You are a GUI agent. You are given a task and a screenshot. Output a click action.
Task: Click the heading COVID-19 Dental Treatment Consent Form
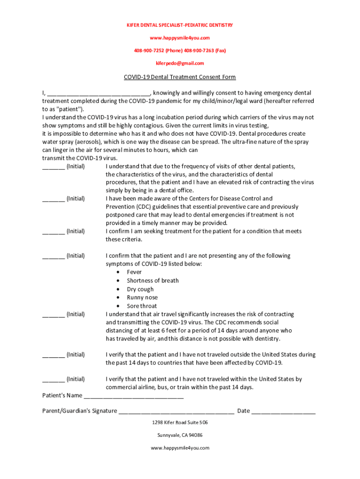click(x=180, y=77)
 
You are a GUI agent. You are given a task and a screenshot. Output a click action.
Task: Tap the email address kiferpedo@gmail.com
click(x=180, y=63)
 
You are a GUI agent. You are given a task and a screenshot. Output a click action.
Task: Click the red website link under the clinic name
click(x=180, y=38)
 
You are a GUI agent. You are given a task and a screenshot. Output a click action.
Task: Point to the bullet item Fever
click(x=134, y=272)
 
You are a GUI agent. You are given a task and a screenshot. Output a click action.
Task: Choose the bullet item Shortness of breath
click(x=152, y=281)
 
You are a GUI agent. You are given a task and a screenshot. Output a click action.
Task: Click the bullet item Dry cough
click(x=140, y=289)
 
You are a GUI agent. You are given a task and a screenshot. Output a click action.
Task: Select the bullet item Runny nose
click(x=142, y=298)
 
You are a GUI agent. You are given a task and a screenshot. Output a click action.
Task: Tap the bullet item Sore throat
click(x=142, y=306)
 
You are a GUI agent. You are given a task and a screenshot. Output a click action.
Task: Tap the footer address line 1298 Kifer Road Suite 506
click(x=180, y=422)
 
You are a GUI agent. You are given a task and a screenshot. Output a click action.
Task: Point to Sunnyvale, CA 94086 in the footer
click(x=180, y=435)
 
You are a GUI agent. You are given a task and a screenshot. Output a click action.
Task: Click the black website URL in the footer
click(x=180, y=448)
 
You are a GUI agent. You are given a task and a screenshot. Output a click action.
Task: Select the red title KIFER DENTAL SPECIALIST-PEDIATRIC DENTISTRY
click(x=180, y=25)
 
